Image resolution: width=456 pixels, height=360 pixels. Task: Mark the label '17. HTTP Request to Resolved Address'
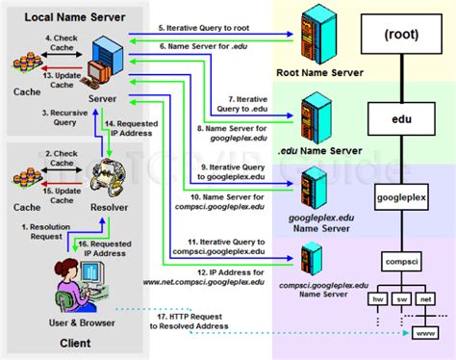point(197,321)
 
